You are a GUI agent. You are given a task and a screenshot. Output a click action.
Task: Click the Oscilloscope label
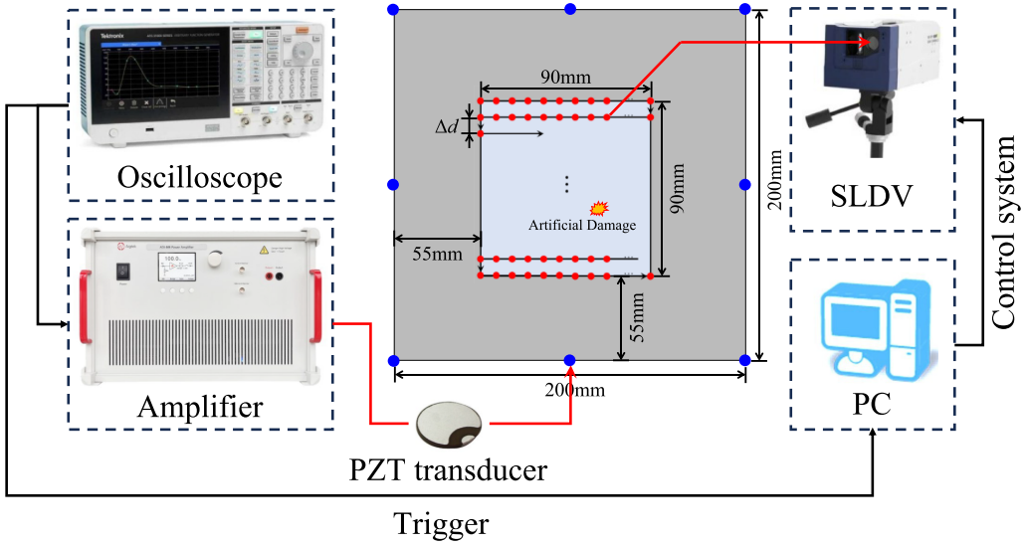coord(199,178)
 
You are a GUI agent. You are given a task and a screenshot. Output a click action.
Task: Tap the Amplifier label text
coord(200,406)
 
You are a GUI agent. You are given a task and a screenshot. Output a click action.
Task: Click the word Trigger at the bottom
coord(441,524)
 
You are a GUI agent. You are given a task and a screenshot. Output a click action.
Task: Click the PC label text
coord(872,406)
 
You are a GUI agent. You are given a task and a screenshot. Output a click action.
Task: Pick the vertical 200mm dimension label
coord(777,186)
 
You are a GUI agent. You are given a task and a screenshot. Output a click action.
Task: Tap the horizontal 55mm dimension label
coord(438,255)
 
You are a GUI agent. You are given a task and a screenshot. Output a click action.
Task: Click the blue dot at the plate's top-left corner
coord(394,10)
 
